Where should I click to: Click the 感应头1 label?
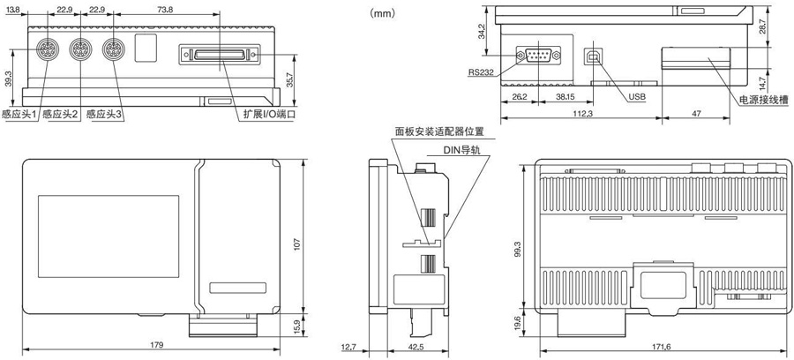pyautogui.click(x=19, y=115)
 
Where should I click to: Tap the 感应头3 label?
pyautogui.click(x=104, y=115)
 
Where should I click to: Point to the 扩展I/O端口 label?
pyautogui.click(x=270, y=115)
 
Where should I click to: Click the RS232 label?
pyautogui.click(x=482, y=74)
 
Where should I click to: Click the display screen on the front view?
pyautogui.click(x=109, y=236)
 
